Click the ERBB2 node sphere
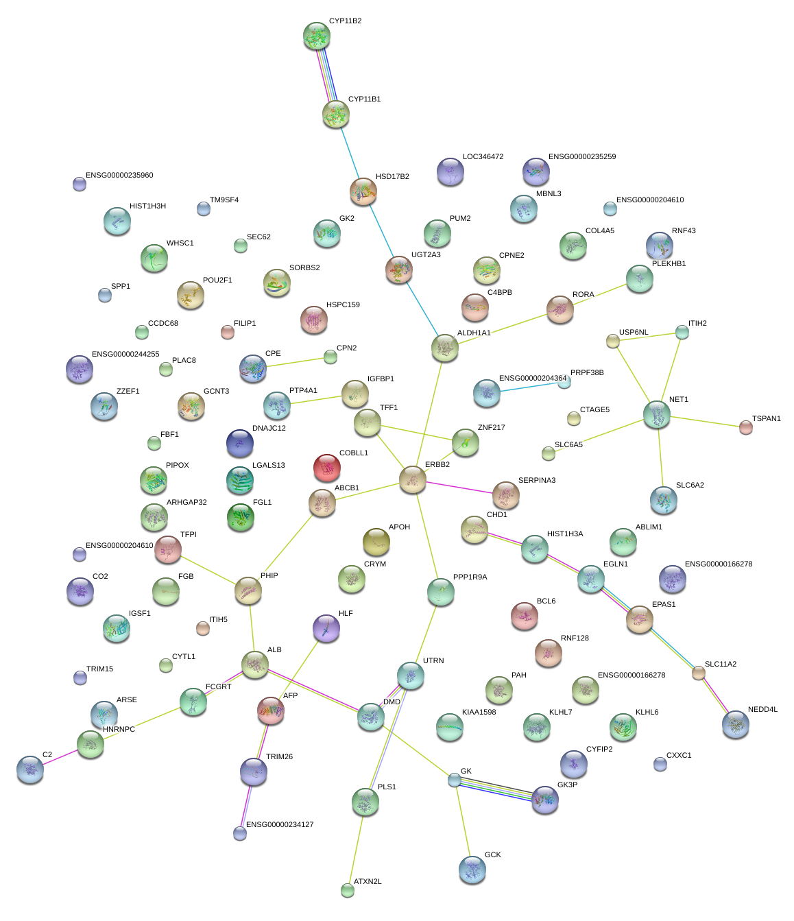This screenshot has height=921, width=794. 412,479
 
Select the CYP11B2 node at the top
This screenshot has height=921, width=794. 317,36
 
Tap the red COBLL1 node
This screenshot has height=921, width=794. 327,468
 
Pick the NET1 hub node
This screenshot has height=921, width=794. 657,414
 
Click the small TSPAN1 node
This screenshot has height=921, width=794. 745,427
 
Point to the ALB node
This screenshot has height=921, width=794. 255,664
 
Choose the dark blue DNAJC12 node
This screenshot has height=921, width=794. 239,443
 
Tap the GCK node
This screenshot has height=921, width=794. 472,869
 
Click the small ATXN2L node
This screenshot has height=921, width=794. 348,890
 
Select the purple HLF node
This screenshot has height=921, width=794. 326,627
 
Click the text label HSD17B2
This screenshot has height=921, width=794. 392,177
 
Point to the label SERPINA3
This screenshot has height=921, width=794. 537,481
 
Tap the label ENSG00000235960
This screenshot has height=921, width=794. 119,176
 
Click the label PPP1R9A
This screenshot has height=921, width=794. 470,577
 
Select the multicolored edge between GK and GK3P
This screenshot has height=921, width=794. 498,789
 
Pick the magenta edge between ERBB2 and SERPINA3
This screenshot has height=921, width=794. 459,488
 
